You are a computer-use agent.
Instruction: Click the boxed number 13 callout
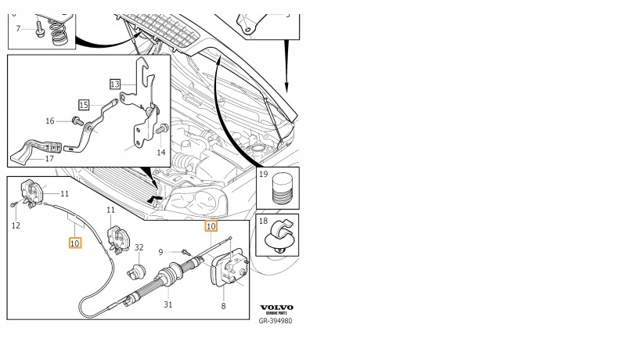115,84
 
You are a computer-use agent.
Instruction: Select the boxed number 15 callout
84,104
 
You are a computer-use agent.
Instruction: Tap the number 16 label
50,121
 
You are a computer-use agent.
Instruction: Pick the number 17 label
49,159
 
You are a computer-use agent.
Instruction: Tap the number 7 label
19,29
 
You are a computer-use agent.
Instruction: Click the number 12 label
16,225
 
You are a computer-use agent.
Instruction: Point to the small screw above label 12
15,204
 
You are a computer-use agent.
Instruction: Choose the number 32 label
139,247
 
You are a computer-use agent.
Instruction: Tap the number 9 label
160,252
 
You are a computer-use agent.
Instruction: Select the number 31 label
167,305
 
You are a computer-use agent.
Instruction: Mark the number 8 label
223,307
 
